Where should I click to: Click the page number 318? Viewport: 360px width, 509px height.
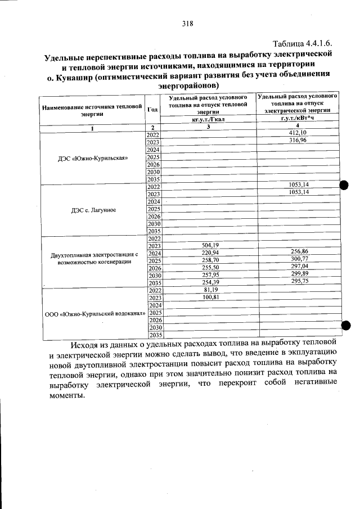pyautogui.click(x=187, y=24)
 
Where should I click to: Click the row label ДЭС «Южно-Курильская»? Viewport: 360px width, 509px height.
pyautogui.click(x=93, y=158)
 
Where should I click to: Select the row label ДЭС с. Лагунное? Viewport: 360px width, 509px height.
pyautogui.click(x=93, y=210)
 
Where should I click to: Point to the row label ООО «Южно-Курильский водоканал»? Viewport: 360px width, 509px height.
pyautogui.click(x=95, y=313)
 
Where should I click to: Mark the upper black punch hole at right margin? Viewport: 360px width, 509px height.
pyautogui.click(x=345, y=186)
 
